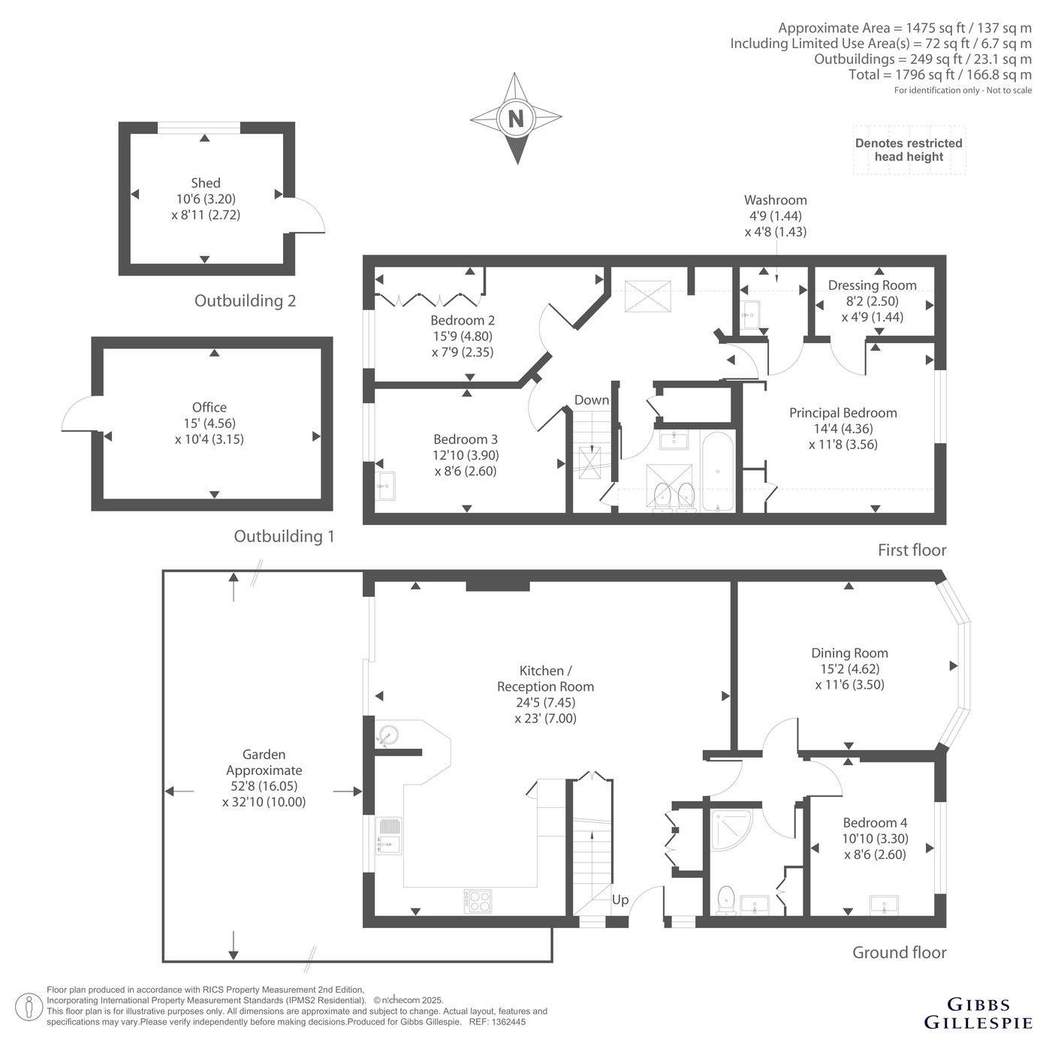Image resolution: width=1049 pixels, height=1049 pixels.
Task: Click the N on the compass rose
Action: (x=516, y=118)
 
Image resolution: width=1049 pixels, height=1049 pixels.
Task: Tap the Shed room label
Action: (x=206, y=183)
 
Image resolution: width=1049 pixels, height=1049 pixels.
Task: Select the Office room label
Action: (x=209, y=407)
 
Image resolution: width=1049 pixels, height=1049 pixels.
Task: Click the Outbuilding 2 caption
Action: (x=245, y=300)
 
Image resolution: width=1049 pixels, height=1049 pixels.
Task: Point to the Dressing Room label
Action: (x=872, y=285)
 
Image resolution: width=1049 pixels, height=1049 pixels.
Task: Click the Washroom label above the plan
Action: (x=776, y=200)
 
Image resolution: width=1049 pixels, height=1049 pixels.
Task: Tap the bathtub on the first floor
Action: (x=718, y=472)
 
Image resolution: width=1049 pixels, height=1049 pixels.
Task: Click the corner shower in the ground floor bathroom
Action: (x=731, y=830)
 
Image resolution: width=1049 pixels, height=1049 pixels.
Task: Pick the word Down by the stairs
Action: (x=591, y=400)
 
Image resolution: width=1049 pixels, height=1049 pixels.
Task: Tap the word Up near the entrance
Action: (x=620, y=900)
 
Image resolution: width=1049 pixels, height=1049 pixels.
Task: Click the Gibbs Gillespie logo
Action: (x=978, y=1013)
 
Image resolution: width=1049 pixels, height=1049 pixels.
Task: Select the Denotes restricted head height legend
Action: (x=909, y=150)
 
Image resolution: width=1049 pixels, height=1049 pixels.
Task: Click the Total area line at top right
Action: (x=940, y=74)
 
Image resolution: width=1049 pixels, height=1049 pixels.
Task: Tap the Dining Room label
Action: (x=850, y=653)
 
